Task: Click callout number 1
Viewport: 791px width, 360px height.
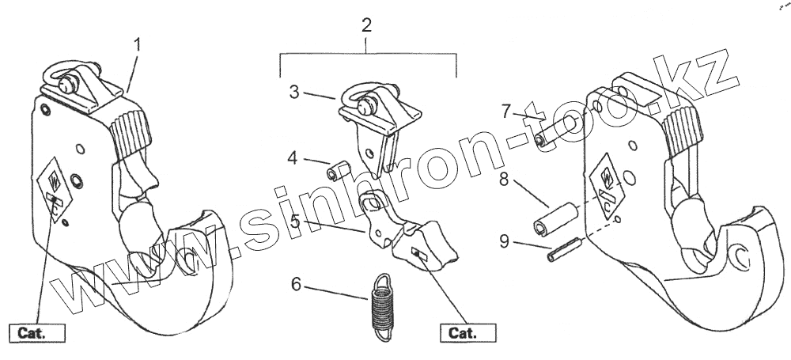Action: pyautogui.click(x=138, y=44)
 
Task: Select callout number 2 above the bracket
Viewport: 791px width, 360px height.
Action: pyautogui.click(x=366, y=25)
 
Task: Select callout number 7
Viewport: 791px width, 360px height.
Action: pyautogui.click(x=506, y=110)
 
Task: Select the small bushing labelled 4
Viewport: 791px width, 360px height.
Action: pyautogui.click(x=338, y=170)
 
